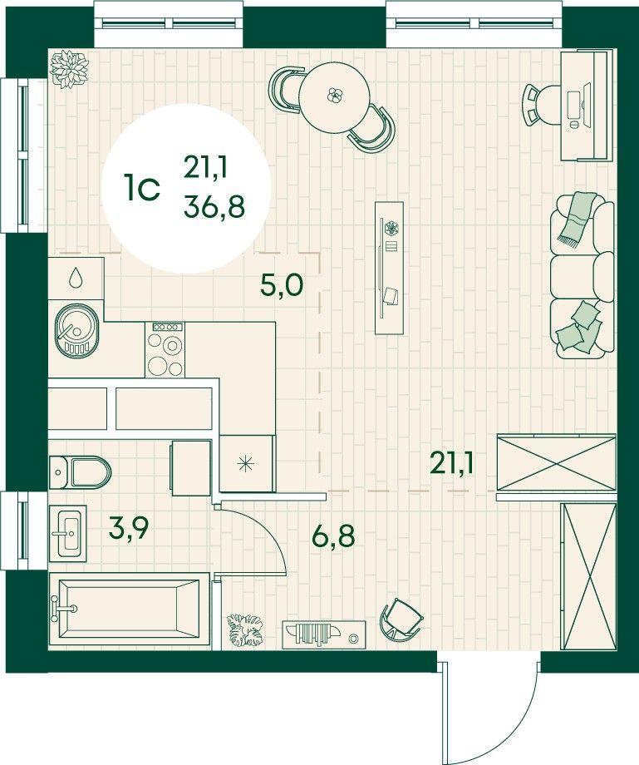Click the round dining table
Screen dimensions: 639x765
pyautogui.click(x=334, y=97)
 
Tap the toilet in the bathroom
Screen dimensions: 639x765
pyautogui.click(x=81, y=471)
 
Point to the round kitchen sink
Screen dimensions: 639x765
pyautogui.click(x=76, y=330)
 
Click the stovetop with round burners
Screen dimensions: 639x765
pyautogui.click(x=165, y=349)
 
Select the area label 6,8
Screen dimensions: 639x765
pyautogui.click(x=333, y=535)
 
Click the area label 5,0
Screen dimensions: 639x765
pyautogui.click(x=281, y=285)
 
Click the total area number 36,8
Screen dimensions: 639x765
pyautogui.click(x=214, y=207)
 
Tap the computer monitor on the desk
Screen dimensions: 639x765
pyautogui.click(x=586, y=104)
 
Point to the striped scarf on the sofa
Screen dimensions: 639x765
pyautogui.click(x=578, y=218)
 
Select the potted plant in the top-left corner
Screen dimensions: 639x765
pyautogui.click(x=69, y=69)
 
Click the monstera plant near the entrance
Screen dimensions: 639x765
pyautogui.click(x=244, y=630)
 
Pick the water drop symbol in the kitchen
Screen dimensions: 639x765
pyautogui.click(x=76, y=277)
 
